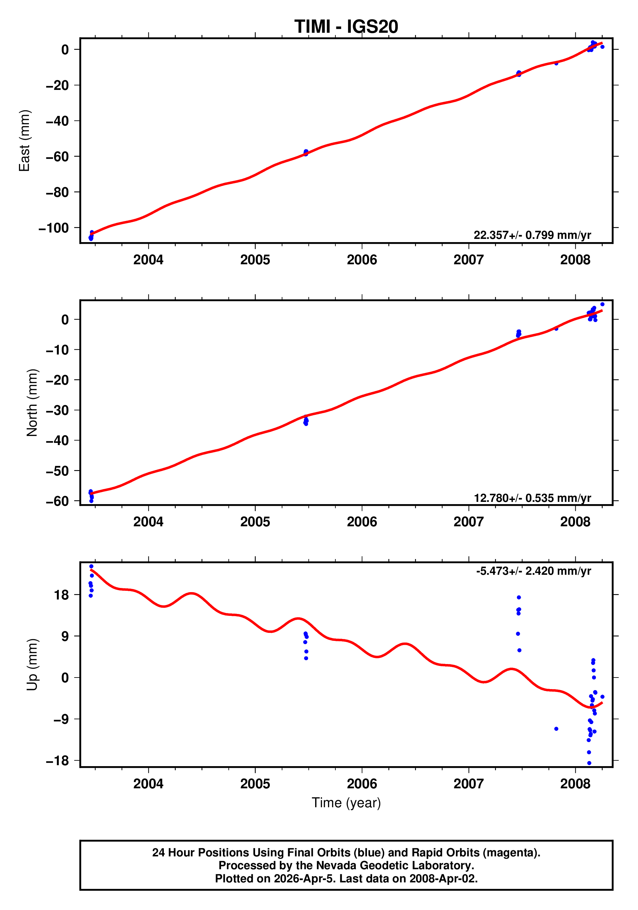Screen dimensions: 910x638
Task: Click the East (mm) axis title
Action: point(25,141)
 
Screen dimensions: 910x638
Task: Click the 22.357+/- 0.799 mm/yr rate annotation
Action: point(532,235)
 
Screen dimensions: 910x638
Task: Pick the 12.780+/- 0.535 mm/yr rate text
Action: point(532,498)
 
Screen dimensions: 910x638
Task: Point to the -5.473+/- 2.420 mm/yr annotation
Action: point(533,571)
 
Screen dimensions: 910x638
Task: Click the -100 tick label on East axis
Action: point(54,228)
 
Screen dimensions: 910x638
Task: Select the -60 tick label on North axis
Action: point(57,501)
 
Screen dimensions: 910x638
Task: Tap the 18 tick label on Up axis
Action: point(61,595)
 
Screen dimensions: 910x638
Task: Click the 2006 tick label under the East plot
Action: point(362,260)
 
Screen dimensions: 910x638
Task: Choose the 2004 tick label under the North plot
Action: point(148,522)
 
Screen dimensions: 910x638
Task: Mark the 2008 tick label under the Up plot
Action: point(575,784)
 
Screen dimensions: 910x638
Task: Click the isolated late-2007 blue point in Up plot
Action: point(556,729)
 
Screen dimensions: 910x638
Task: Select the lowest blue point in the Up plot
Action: point(589,763)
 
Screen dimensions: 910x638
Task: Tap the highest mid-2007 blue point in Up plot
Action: point(518,597)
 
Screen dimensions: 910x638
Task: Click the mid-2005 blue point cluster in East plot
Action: point(306,153)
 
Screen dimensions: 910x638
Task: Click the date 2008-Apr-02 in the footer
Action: point(443,879)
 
